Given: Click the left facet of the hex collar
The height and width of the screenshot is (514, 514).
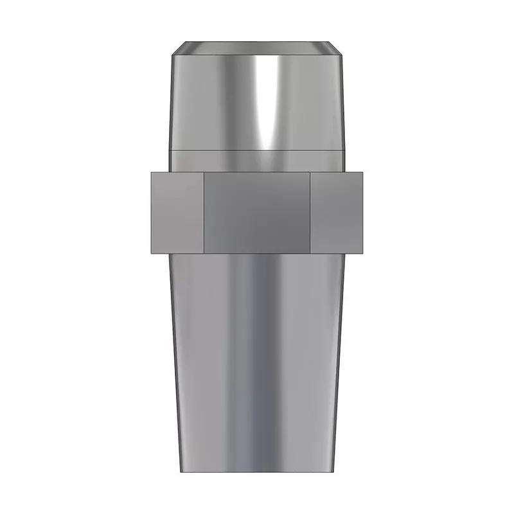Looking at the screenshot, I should pos(177,212).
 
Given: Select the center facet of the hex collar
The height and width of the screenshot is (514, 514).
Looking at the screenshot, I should pos(257,212).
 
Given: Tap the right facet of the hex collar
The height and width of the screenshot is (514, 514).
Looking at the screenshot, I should pos(337,212).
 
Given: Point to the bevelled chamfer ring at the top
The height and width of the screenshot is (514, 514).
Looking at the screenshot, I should pos(257,48).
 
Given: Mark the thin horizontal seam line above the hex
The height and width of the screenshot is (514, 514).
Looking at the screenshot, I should pos(257,150).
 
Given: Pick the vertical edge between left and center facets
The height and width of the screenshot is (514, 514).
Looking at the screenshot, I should pos(204,212).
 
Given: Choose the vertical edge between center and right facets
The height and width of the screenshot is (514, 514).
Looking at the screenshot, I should pos(310,212).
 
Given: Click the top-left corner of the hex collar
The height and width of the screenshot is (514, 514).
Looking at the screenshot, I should pos(150,172).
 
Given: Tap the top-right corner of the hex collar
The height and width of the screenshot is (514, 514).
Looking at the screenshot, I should pos(364,172).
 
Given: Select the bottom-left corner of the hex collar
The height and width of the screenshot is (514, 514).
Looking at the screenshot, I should pos(150,253).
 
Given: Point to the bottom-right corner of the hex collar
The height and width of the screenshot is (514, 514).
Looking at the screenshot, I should pos(364,253).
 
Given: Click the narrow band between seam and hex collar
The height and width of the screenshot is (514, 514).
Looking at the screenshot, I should pos(257,161).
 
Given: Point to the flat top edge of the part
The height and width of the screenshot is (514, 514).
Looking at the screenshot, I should pos(257,42).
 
